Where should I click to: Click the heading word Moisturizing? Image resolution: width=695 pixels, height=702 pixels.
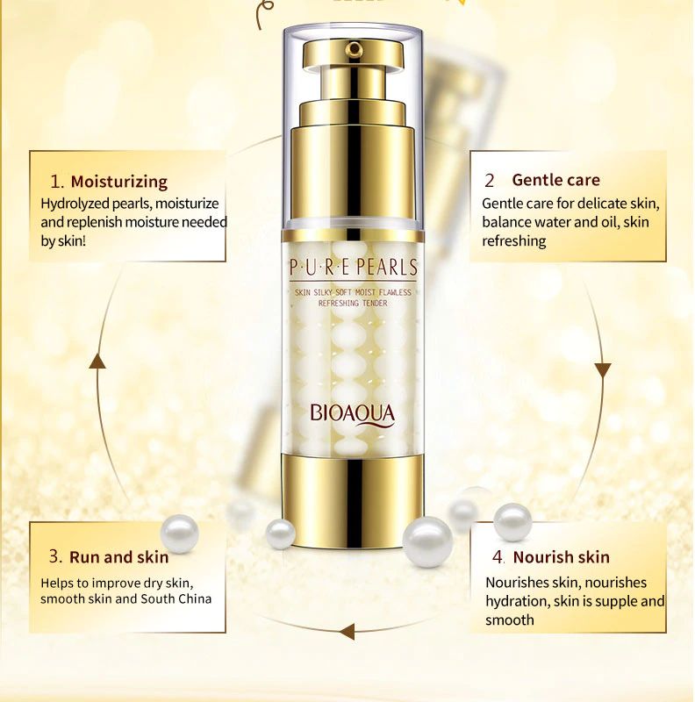click(x=119, y=182)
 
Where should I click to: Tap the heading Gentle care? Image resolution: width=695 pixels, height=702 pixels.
click(x=555, y=180)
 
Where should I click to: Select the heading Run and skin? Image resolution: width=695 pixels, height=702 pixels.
click(x=118, y=557)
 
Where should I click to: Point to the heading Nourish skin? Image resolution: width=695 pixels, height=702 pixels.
click(x=561, y=557)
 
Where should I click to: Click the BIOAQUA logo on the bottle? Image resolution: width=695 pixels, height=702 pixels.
click(x=353, y=414)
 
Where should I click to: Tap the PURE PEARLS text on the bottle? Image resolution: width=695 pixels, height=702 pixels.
click(x=354, y=268)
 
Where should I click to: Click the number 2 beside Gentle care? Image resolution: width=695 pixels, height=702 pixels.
click(x=489, y=181)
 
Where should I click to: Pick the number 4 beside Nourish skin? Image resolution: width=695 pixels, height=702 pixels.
click(x=498, y=557)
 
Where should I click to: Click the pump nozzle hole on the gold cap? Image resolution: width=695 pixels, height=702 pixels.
click(x=355, y=48)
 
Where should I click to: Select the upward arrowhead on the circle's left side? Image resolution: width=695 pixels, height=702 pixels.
click(x=97, y=361)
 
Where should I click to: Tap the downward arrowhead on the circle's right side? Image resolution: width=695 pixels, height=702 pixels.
click(x=603, y=370)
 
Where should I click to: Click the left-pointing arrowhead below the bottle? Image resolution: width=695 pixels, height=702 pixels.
click(x=347, y=632)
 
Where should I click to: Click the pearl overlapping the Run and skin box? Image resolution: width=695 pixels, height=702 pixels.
click(x=180, y=534)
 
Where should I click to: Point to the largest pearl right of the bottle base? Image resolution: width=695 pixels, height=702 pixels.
click(x=427, y=541)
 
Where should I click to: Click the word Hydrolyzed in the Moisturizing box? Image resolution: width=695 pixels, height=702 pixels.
click(x=75, y=204)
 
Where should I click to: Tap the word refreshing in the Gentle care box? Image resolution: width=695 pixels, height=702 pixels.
click(x=514, y=240)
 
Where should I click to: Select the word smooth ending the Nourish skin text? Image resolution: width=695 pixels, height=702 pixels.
click(x=510, y=620)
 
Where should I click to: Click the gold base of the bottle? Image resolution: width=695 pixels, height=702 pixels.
click(x=353, y=499)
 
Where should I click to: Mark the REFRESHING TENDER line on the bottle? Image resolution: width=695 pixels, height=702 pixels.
click(x=353, y=303)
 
